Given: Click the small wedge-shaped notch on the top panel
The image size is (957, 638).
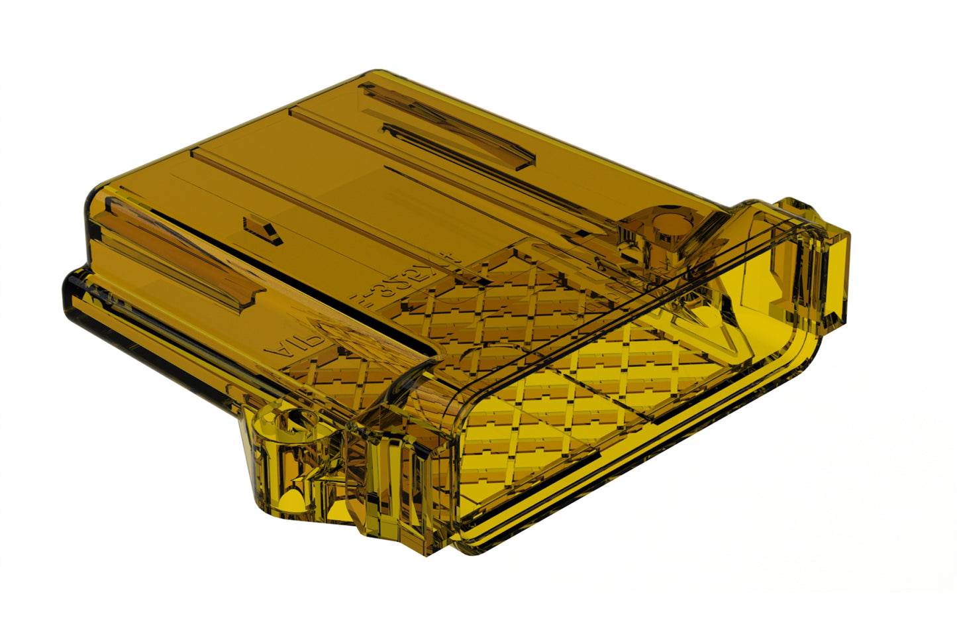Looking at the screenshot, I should pyautogui.click(x=263, y=230).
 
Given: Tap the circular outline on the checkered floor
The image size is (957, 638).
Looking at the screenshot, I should pyautogui.click(x=490, y=358).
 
